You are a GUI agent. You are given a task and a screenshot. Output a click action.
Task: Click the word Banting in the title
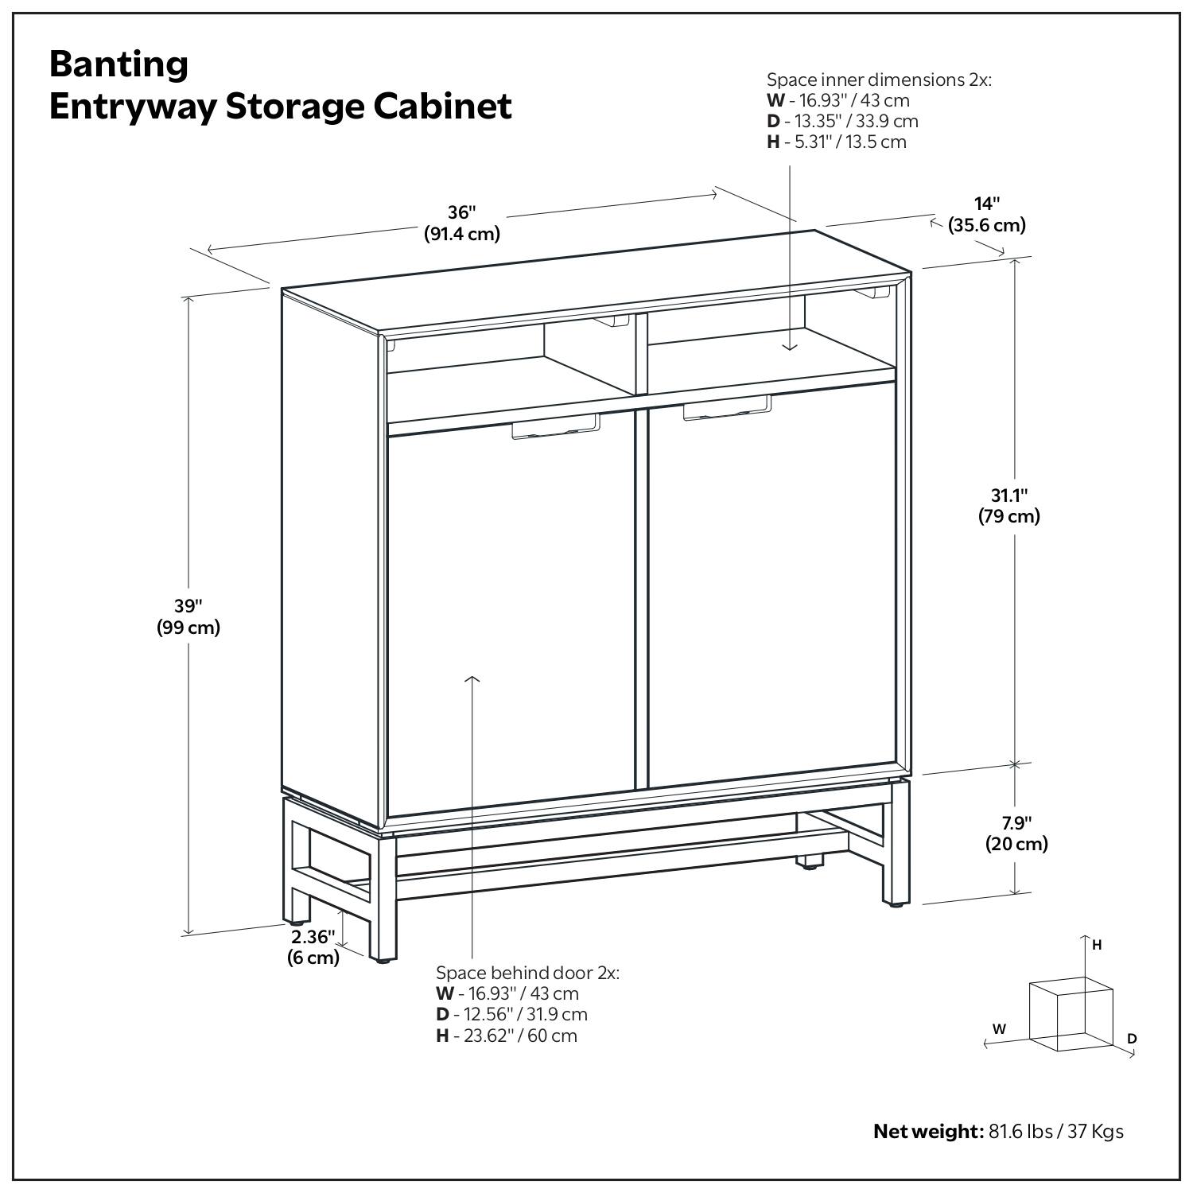point(119,64)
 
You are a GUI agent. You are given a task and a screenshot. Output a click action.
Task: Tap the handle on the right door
point(726,408)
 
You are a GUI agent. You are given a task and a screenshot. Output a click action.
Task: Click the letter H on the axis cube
point(1097,945)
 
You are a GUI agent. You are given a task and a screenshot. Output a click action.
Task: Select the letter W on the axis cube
point(999,1028)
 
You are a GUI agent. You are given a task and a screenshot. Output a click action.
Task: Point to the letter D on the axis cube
point(1132,1039)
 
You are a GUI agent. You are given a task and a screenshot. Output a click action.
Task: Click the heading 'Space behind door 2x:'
point(527,973)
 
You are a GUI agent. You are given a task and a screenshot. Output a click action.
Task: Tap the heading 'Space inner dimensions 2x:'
point(879,80)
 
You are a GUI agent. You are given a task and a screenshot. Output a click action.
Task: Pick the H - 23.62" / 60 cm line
point(507,1036)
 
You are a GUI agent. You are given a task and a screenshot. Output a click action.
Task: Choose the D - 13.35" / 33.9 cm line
point(842,121)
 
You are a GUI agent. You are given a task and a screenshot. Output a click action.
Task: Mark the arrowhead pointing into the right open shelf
point(789,346)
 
